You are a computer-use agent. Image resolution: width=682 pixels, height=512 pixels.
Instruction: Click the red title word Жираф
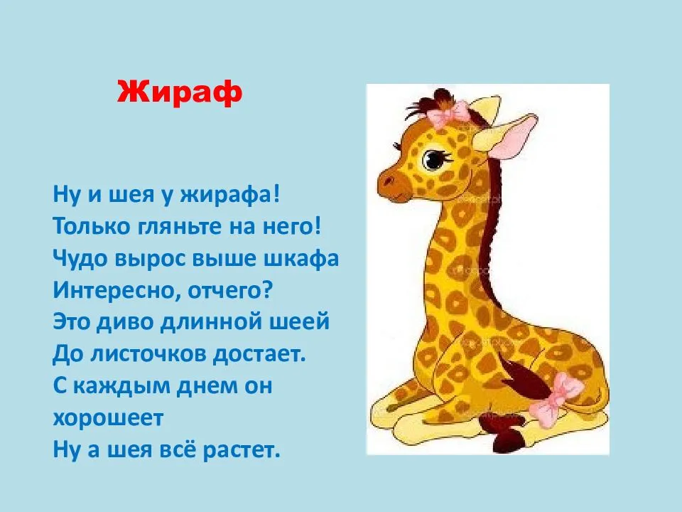coord(179,92)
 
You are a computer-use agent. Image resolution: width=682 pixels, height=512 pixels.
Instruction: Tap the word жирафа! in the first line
coord(229,194)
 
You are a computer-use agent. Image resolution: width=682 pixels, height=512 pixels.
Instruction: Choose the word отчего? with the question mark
coord(230,291)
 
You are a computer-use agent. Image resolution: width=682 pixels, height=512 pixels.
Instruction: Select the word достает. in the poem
coord(260,354)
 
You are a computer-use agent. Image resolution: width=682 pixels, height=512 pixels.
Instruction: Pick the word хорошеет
coord(108,418)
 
